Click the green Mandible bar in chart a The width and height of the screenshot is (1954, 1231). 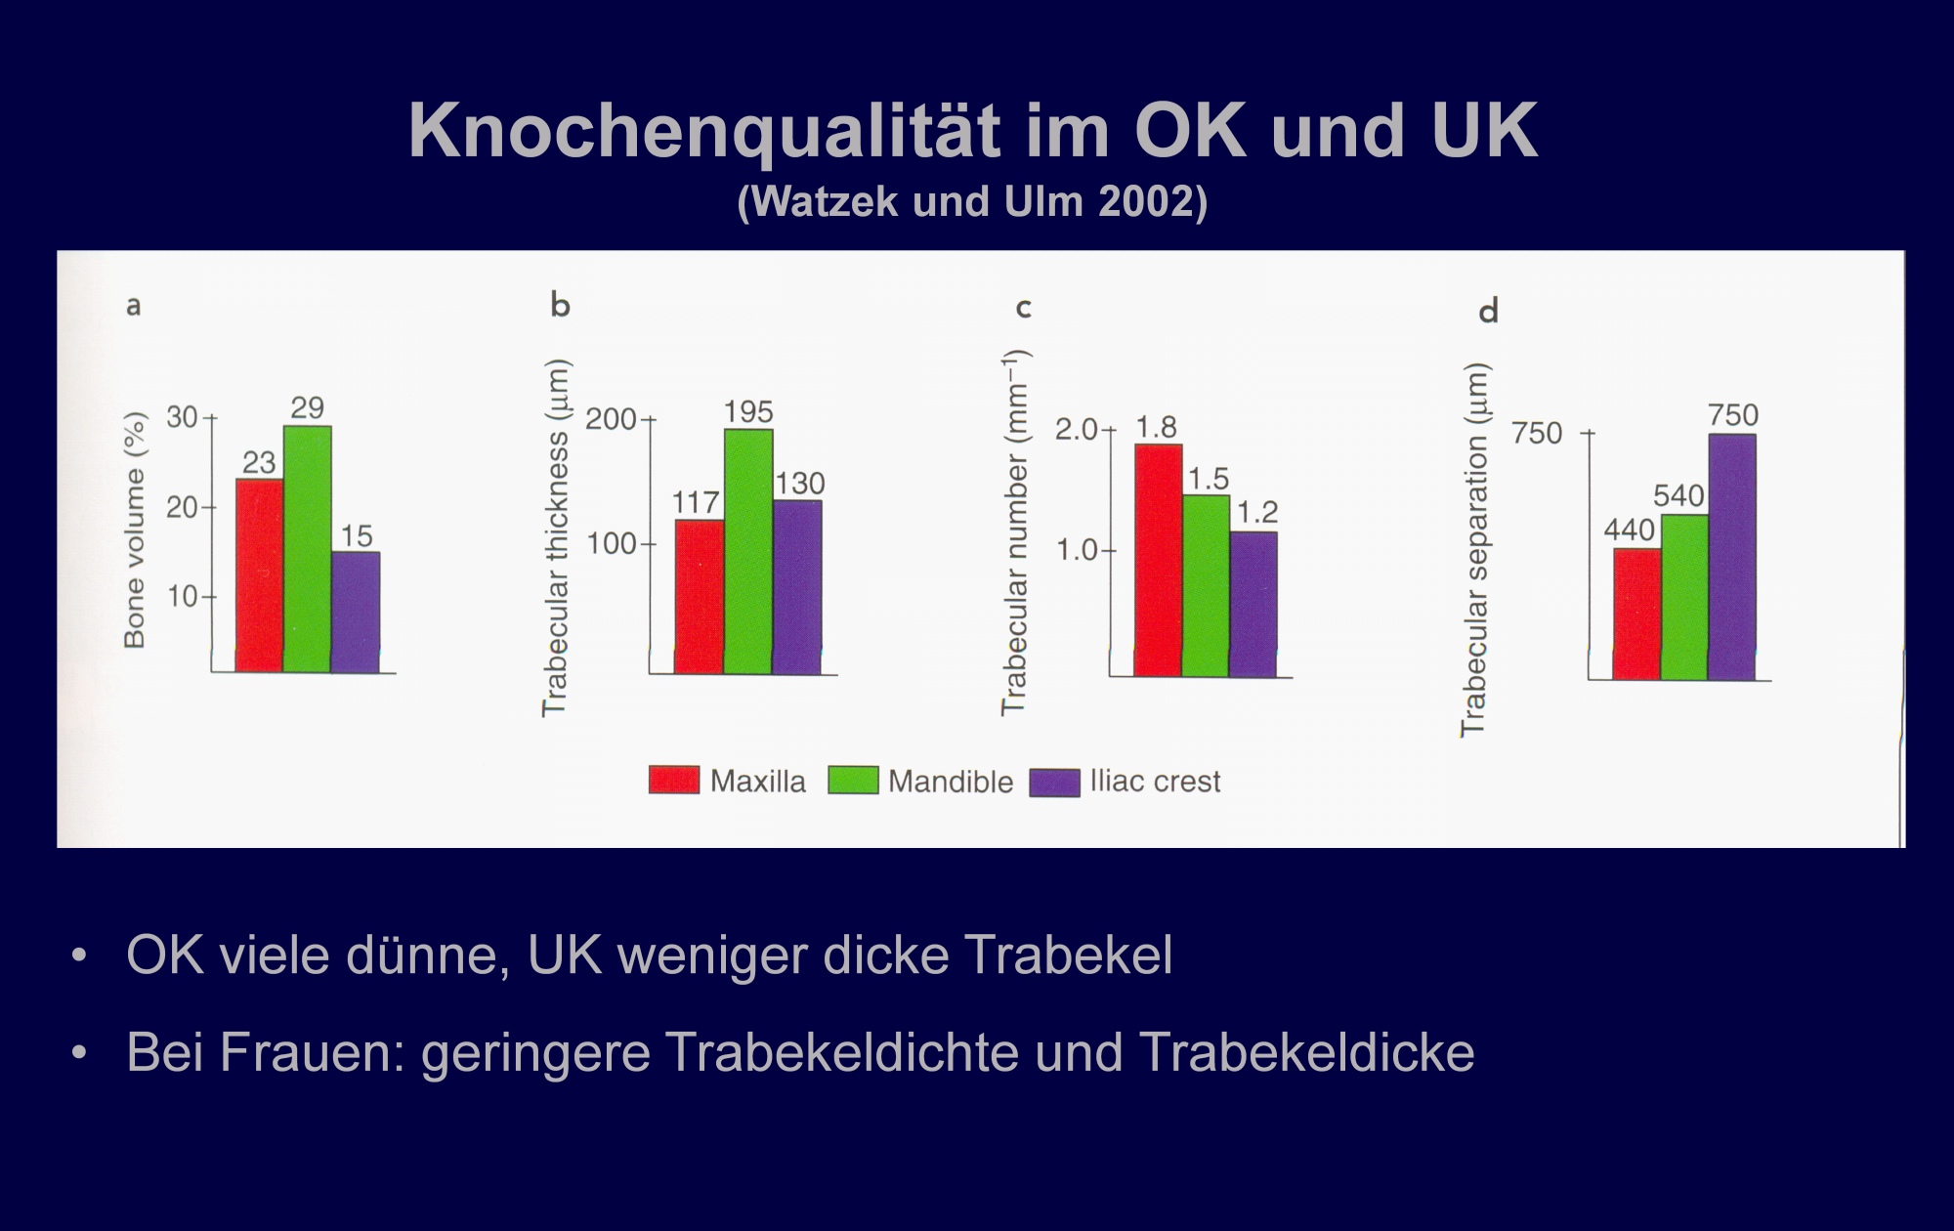coord(307,549)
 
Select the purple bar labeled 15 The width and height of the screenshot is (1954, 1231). coord(356,613)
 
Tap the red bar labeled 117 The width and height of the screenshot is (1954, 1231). coord(700,597)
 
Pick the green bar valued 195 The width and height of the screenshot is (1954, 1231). coord(748,552)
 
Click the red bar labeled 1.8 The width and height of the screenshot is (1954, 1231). coord(1158,561)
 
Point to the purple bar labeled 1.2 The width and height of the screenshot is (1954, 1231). coord(1253,605)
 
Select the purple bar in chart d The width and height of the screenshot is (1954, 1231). coord(1732,557)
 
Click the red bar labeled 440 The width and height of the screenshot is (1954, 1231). coord(1637,615)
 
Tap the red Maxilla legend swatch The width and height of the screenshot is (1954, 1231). coord(674,781)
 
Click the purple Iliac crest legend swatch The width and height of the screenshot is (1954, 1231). coord(1055,783)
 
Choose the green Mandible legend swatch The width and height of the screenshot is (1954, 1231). coord(853,781)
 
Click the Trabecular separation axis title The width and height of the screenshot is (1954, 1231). coord(1473,549)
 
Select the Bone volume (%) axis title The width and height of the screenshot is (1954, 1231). coord(135,531)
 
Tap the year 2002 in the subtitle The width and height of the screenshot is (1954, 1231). coord(1144,201)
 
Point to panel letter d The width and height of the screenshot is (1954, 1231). coord(1488,312)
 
